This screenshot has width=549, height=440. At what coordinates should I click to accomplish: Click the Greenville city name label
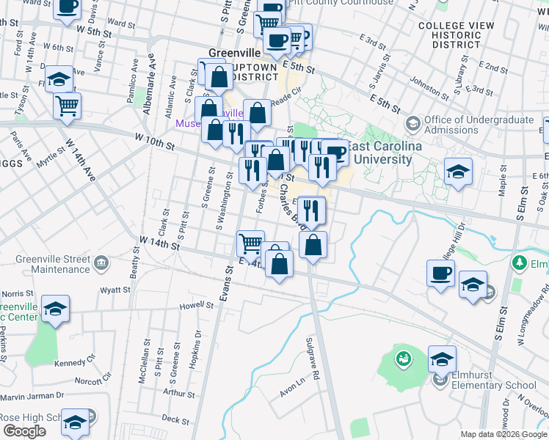point(235,53)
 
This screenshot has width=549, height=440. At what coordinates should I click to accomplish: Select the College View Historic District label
point(456,35)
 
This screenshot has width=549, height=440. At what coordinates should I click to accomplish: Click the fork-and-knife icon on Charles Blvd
point(313,210)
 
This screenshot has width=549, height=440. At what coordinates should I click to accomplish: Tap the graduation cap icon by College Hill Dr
point(459,172)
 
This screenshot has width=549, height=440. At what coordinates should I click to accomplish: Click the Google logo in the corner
point(24,431)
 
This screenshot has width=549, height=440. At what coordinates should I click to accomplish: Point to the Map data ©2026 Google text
point(503,434)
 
